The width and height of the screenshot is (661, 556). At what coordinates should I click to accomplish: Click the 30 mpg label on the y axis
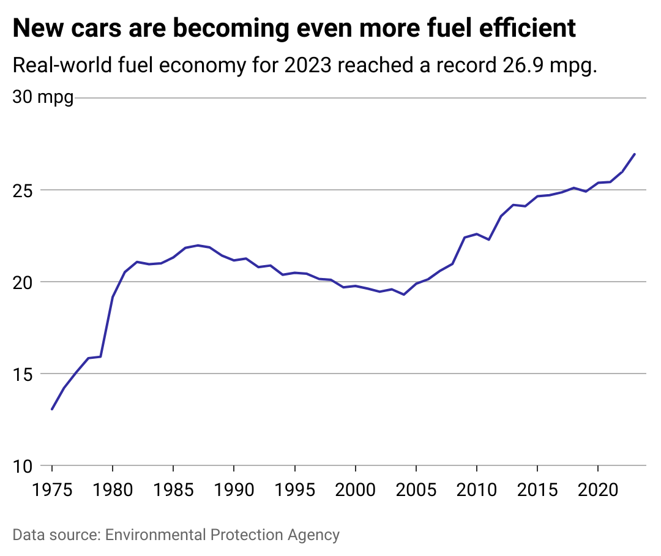point(43,97)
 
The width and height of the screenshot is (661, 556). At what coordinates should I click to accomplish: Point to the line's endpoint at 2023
point(635,154)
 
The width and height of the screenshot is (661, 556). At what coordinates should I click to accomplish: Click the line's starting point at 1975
point(52,409)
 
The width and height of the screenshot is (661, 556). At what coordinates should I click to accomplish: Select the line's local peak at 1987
point(198,245)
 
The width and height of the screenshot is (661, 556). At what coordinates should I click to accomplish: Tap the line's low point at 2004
point(404,295)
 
